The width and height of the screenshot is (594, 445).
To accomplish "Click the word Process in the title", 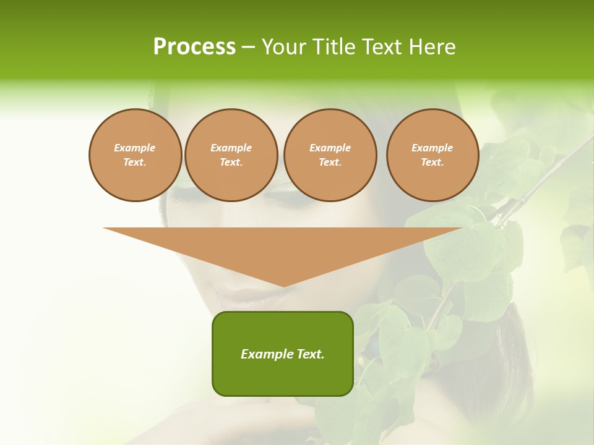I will click(x=194, y=47).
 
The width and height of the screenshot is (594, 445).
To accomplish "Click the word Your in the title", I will click(x=284, y=47).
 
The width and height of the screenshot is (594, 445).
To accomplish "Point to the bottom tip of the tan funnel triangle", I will click(x=283, y=286).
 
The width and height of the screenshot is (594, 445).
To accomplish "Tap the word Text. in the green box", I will click(x=309, y=354).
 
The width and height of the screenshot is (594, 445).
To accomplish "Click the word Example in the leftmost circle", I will click(x=135, y=148).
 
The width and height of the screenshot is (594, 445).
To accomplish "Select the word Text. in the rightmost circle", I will click(x=432, y=162).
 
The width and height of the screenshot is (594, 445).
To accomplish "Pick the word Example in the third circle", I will click(x=330, y=148).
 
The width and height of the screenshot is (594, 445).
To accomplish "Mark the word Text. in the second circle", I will click(x=231, y=162).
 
